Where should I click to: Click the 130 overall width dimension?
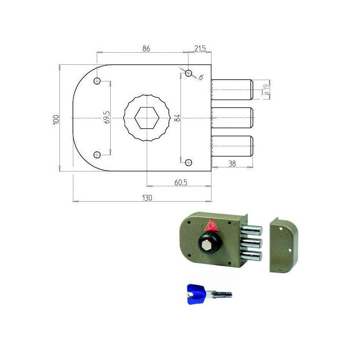coord(147,198)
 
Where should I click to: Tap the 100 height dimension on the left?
coord(56,120)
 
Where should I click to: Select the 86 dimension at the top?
coord(146,49)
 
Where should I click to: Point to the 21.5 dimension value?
coord(200,49)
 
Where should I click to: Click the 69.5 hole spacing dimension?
coord(107,117)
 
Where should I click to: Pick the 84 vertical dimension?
coord(178,118)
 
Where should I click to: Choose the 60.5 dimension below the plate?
coord(181,183)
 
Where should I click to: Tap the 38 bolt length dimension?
coord(232,163)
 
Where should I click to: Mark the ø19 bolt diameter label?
coord(266,90)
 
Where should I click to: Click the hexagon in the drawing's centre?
coord(147,118)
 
